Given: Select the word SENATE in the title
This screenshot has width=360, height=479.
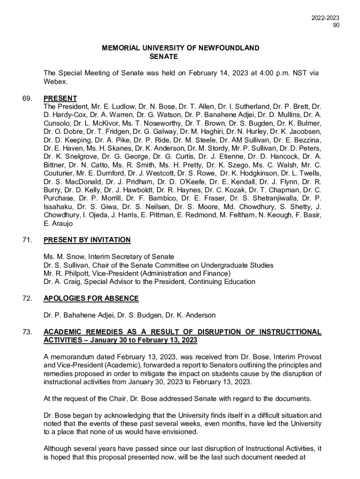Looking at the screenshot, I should [164, 57].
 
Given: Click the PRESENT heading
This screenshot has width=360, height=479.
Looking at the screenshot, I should [60, 98].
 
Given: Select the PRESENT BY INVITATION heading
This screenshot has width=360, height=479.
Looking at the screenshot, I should [87, 240].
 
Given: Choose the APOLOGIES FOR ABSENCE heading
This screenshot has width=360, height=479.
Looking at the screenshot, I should [91, 298].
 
